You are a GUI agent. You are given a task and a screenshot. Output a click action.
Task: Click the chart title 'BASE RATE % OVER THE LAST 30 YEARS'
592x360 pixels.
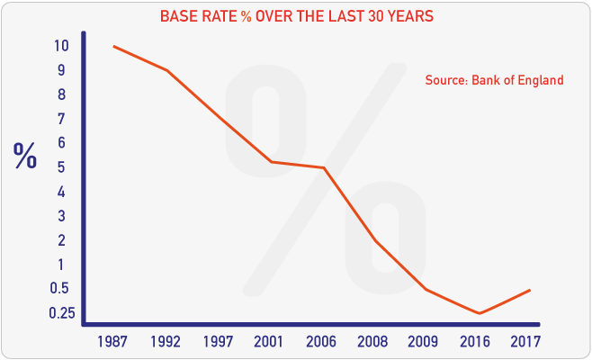pos(296,17)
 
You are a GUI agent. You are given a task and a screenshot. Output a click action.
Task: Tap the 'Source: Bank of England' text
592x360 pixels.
pos(494,80)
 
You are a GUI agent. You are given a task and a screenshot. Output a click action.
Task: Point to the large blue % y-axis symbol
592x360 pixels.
pos(25,156)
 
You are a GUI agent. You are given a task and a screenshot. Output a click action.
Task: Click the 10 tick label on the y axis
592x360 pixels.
pos(59,46)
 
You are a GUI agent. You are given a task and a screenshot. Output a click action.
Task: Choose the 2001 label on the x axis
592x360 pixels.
pos(271,342)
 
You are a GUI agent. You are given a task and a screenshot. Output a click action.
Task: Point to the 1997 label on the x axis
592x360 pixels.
pos(219,342)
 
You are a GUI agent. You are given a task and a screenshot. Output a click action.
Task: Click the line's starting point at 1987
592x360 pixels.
pos(113,46)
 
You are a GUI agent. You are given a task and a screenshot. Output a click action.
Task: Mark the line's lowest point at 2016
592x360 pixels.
pos(480,313)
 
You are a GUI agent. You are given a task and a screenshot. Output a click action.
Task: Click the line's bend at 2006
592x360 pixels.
pos(323,167)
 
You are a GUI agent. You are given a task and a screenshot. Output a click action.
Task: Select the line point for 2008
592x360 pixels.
pos(375,240)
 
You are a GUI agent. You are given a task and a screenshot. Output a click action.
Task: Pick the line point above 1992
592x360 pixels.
pos(166,70)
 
